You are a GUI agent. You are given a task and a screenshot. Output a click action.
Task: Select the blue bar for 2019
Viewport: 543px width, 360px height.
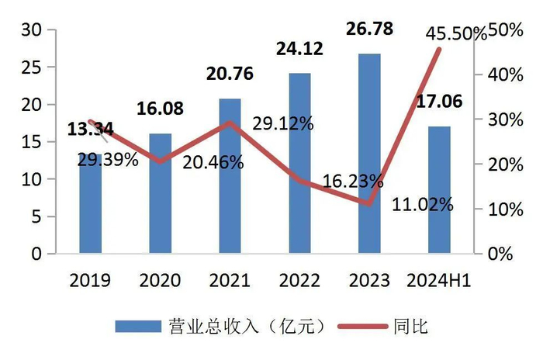tap(90, 209)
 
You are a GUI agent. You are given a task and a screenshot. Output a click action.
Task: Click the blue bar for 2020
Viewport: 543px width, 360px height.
tap(161, 194)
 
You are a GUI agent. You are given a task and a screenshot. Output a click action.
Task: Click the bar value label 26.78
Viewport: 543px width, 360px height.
tap(370, 29)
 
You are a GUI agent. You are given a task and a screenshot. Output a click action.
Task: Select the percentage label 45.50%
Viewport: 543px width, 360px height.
tap(456, 33)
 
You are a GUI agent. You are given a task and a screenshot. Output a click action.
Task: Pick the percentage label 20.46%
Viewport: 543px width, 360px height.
tap(214, 163)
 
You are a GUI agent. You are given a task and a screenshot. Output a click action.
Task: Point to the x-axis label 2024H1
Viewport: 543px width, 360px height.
tap(440, 280)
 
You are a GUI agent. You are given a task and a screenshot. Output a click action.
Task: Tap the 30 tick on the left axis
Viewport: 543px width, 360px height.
tap(30, 30)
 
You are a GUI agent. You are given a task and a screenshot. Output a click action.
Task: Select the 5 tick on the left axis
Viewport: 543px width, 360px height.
tap(35, 216)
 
